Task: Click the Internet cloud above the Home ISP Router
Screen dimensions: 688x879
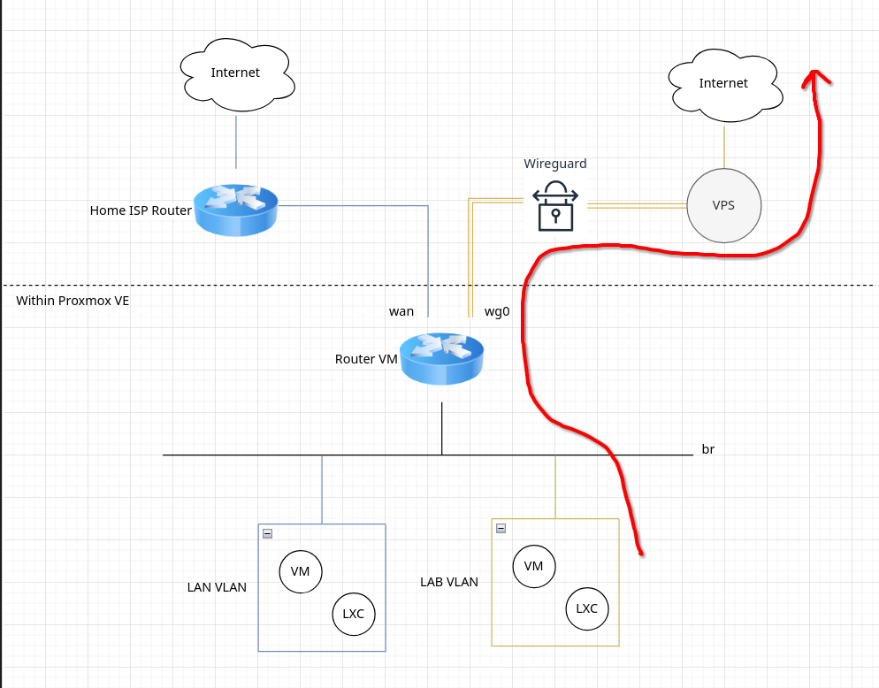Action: pos(236,73)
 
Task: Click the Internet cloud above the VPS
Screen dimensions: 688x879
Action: pos(723,84)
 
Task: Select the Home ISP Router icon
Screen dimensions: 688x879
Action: pos(236,210)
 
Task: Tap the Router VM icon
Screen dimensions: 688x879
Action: pos(441,358)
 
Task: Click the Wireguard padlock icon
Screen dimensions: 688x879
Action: pos(555,206)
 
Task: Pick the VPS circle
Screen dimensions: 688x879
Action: pos(723,205)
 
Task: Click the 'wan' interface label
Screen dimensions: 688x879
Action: pos(401,311)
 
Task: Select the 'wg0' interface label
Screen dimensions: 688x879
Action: pos(497,311)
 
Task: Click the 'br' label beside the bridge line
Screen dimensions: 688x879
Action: pos(707,449)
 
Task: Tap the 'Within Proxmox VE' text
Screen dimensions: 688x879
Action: pos(73,301)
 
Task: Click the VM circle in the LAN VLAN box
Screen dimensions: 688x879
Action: pos(301,571)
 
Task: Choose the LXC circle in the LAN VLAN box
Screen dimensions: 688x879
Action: pos(353,613)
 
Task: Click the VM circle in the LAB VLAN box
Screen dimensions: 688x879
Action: pos(533,566)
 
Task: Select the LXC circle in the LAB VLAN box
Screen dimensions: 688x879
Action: pos(587,608)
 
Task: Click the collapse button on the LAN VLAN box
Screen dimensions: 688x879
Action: pos(267,533)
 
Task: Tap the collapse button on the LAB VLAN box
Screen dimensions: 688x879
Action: pos(501,528)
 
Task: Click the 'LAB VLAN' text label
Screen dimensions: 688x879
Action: pos(449,582)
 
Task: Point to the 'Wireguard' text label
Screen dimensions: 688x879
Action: pos(554,164)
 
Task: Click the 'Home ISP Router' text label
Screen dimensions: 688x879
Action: pos(141,210)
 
